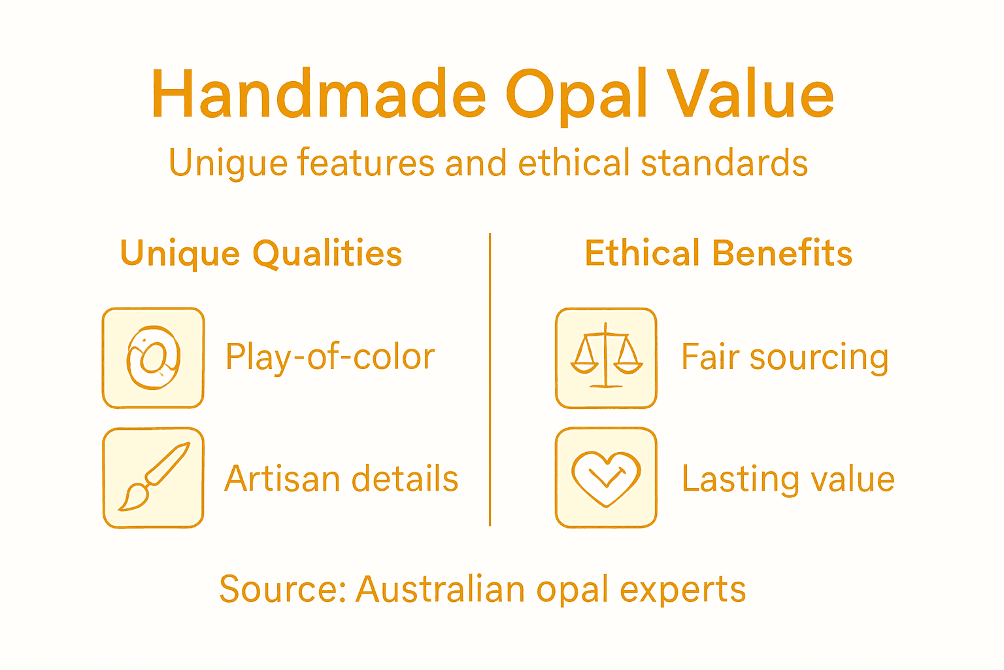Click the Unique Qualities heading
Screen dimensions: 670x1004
(x=261, y=254)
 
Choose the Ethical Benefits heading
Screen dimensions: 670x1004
(x=718, y=253)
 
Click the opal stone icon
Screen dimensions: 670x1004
(x=154, y=358)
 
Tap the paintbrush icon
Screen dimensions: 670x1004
(x=154, y=478)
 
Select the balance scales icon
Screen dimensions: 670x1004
(x=606, y=358)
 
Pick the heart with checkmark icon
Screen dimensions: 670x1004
(x=606, y=478)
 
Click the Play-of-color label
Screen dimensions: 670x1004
(x=330, y=358)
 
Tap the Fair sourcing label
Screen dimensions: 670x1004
(x=784, y=358)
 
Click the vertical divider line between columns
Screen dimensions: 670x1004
(x=490, y=379)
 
